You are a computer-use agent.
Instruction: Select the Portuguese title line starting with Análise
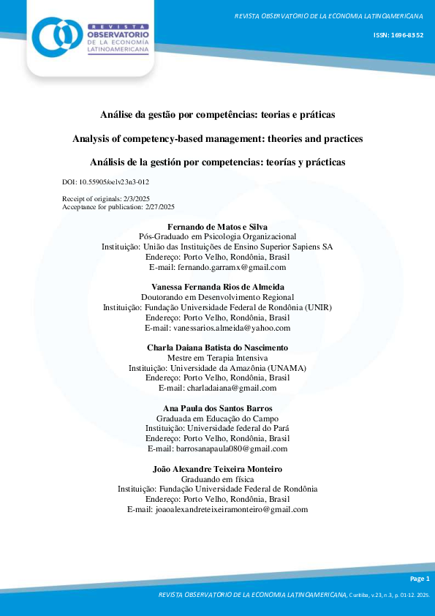pos(217,115)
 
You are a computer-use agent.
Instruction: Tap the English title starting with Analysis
pos(217,138)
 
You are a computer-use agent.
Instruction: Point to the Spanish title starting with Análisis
pos(217,162)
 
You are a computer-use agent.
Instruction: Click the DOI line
pos(107,181)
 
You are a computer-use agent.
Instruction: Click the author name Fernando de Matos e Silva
pos(217,227)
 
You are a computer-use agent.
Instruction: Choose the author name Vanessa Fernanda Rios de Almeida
pos(217,287)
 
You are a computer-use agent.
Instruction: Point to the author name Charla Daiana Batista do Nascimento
pos(217,347)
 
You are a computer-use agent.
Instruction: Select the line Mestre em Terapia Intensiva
pos(217,357)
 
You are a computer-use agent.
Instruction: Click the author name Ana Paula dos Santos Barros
pos(217,407)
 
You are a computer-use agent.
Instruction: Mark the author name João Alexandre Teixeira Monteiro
pos(217,468)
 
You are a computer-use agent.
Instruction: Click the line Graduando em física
pos(217,478)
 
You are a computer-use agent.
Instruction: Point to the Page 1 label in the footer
pos(422,579)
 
